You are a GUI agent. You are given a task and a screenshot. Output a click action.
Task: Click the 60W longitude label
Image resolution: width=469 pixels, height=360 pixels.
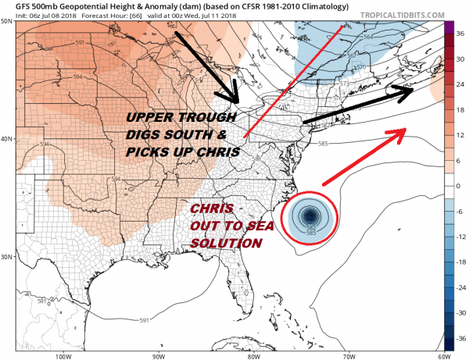coord(442,355)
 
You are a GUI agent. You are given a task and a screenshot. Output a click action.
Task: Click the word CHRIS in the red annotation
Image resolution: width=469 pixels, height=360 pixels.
coord(211,210)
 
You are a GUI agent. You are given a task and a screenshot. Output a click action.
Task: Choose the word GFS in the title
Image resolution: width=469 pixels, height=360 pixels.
coord(15,9)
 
